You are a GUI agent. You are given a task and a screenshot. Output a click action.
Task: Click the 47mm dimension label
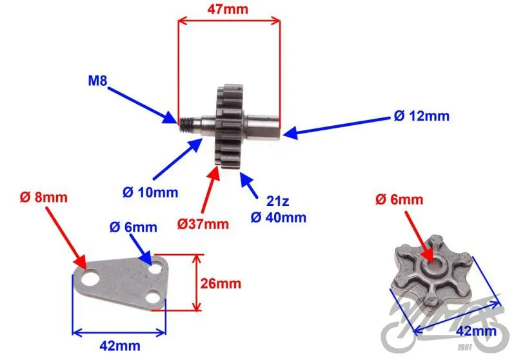click(x=228, y=9)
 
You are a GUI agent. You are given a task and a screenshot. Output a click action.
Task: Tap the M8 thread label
click(x=98, y=81)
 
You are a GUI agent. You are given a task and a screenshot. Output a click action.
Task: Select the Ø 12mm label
click(x=422, y=116)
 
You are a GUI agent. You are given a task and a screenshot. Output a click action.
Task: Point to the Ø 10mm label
click(x=150, y=192)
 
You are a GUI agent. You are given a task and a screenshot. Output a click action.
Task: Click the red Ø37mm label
click(x=203, y=224)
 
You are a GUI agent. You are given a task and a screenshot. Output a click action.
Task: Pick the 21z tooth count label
click(x=278, y=201)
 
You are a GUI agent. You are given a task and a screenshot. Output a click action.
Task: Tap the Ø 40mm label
click(x=279, y=217)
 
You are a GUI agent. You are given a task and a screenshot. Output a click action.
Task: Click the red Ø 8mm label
click(x=43, y=197)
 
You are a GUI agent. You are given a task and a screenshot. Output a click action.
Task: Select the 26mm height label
click(x=221, y=283)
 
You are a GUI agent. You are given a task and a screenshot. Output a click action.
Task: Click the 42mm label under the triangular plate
click(x=120, y=346)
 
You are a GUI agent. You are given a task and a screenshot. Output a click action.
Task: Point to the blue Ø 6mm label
click(x=134, y=227)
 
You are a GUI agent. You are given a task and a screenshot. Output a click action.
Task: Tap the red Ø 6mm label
click(x=399, y=199)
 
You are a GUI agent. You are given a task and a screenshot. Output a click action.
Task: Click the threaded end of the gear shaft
click(x=186, y=125)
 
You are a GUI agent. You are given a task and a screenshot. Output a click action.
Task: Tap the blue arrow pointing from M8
click(x=143, y=105)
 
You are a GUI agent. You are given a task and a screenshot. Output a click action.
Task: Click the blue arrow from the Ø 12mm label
click(x=336, y=126)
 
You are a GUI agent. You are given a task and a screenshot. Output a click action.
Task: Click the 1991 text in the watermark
click(x=464, y=348)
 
